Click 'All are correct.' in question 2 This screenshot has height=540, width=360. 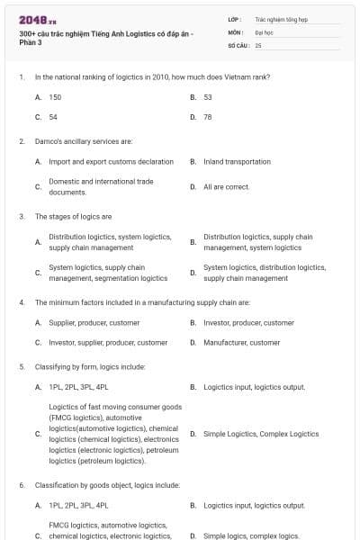(x=226, y=187)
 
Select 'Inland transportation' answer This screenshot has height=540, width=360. (x=237, y=162)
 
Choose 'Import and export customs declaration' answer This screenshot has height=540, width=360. (x=111, y=162)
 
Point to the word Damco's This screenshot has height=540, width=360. (x=47, y=141)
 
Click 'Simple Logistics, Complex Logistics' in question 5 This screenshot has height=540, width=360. (x=255, y=434)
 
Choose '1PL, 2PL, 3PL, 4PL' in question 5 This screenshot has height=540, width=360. (x=78, y=387)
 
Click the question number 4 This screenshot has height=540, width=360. (x=21, y=302)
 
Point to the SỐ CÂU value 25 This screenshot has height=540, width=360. (x=258, y=44)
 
